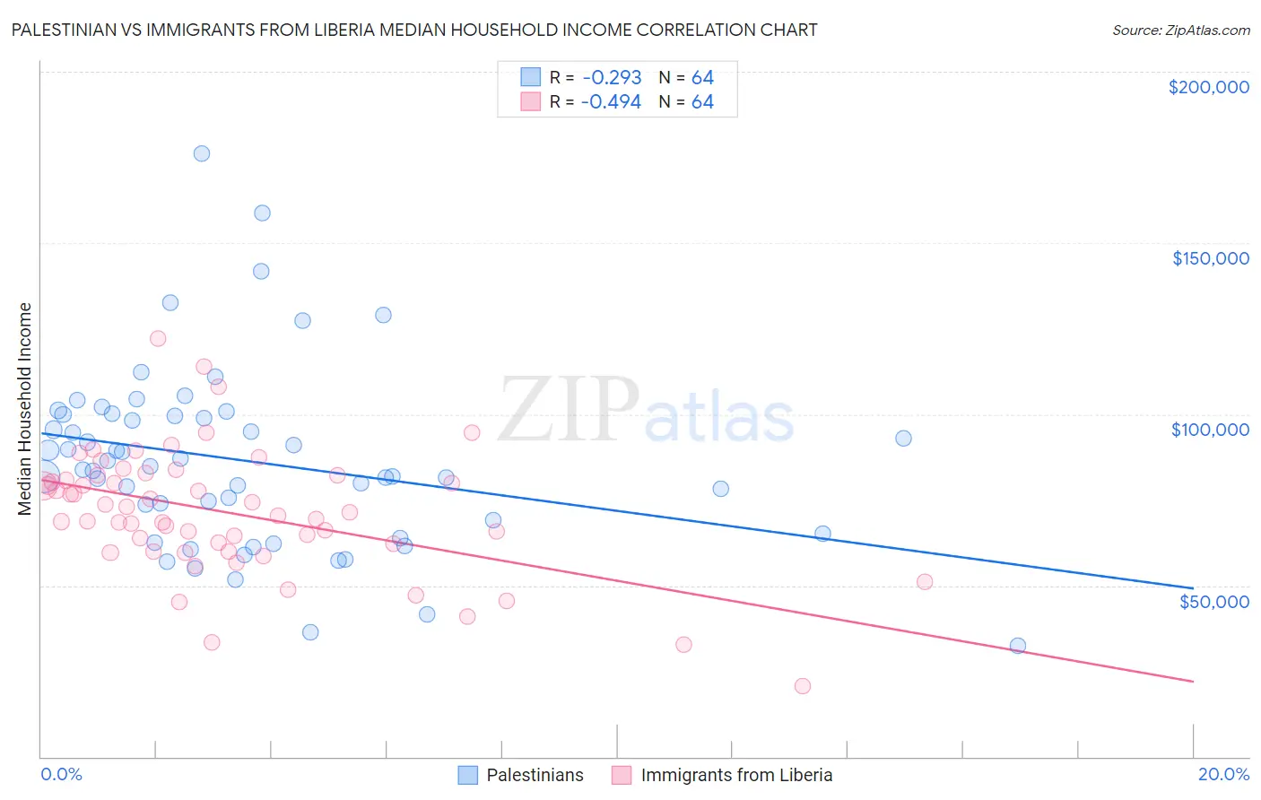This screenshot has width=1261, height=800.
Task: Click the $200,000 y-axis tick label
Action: click(1208, 87)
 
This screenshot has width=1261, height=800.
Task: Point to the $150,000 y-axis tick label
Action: click(1210, 258)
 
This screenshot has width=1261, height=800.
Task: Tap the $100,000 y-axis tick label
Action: click(1210, 430)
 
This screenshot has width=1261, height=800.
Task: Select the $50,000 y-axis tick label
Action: click(1213, 601)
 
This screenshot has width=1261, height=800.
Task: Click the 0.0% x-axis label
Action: click(61, 774)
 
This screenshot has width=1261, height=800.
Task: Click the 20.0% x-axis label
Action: click(1223, 774)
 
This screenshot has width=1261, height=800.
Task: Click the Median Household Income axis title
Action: click(24, 409)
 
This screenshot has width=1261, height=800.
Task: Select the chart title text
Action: click(414, 30)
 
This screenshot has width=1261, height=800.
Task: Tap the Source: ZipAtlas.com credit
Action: click(1180, 30)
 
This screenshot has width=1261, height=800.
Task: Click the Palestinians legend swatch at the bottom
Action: click(467, 775)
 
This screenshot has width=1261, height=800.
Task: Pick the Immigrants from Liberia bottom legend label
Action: click(736, 775)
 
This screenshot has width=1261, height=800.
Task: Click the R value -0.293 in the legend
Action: click(611, 77)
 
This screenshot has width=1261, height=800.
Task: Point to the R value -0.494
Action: click(611, 102)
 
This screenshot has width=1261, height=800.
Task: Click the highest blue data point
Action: click(202, 153)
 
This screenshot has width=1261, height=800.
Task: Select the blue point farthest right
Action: click(1017, 646)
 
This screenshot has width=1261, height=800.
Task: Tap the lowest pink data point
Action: click(803, 686)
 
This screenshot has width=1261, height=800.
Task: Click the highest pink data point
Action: click(158, 338)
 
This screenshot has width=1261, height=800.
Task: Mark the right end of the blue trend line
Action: click(1193, 587)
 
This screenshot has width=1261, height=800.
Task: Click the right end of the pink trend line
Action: click(1193, 682)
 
